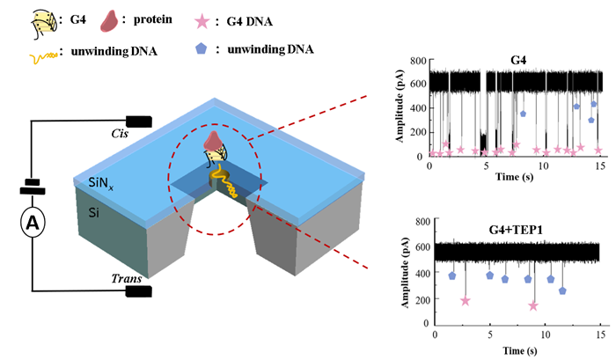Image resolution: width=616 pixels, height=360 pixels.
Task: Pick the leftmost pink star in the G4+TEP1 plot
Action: [x=466, y=301]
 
